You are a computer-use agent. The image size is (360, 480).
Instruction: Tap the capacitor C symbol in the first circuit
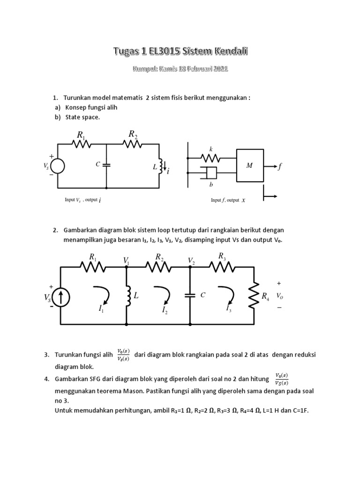point(107,165)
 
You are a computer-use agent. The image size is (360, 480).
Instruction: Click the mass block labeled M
point(250,165)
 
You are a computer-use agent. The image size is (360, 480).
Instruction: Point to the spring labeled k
point(211,157)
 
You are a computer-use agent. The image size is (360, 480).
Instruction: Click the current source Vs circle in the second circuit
point(60,297)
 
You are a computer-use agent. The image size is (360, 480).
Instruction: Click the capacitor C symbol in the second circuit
point(190,295)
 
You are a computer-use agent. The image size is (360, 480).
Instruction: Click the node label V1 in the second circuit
point(126,260)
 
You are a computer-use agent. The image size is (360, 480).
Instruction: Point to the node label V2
point(191,260)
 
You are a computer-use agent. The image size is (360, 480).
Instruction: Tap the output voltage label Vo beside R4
point(279,296)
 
